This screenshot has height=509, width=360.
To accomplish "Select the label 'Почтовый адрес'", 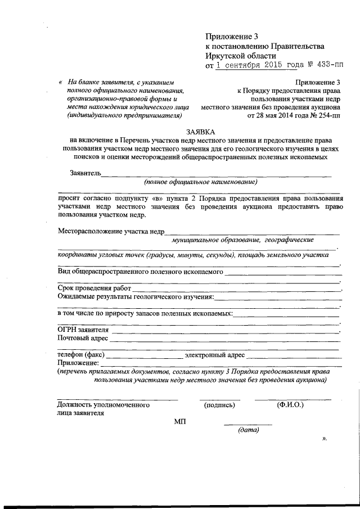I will pyautogui.click(x=82, y=339).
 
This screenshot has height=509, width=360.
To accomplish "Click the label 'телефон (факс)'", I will pyautogui.click(x=80, y=355).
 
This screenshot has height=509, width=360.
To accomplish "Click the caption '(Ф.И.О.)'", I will pyautogui.click(x=290, y=404).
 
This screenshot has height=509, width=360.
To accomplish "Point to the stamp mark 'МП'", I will pyautogui.click(x=180, y=421).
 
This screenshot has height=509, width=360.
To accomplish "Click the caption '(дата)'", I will pyautogui.click(x=248, y=430).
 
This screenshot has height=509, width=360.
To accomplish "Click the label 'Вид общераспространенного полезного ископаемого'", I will pyautogui.click(x=141, y=272).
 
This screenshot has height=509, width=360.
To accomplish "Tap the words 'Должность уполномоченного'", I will pyautogui.click(x=103, y=404).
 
